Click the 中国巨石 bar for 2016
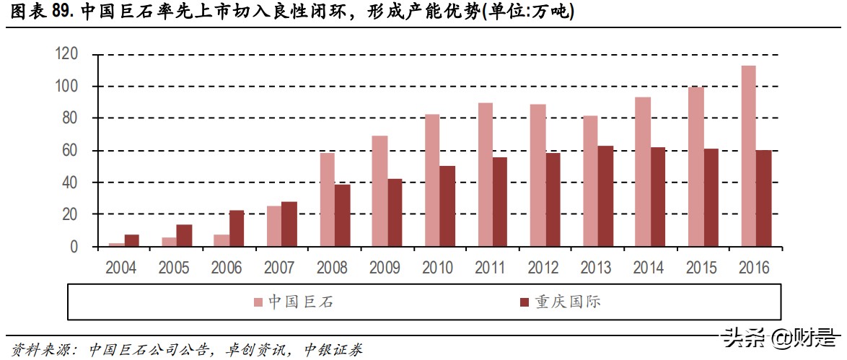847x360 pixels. pyautogui.click(x=748, y=156)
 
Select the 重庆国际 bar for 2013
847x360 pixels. pyautogui.click(x=605, y=196)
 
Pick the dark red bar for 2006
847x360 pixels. pyautogui.click(x=236, y=229)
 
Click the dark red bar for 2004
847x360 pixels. pyautogui.click(x=131, y=241)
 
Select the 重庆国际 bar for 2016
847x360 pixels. pyautogui.click(x=763, y=198)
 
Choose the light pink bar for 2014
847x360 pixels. pyautogui.click(x=643, y=172)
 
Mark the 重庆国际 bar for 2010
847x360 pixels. pyautogui.click(x=447, y=206)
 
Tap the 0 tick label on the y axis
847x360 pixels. pyautogui.click(x=74, y=247)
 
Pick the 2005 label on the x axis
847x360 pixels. pyautogui.click(x=175, y=268)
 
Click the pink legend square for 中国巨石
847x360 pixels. pyautogui.click(x=258, y=302)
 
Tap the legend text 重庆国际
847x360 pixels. pyautogui.click(x=567, y=302)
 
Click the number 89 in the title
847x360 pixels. pyautogui.click(x=61, y=12)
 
